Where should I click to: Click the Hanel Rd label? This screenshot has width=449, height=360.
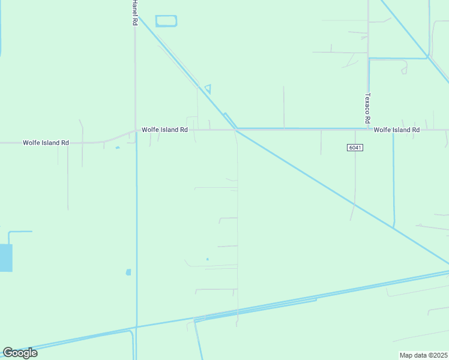pos(135,12)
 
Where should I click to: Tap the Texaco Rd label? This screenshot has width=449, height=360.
pos(367,108)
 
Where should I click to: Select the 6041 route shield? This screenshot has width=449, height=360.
pos(355,148)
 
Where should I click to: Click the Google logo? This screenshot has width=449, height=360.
pos(20,353)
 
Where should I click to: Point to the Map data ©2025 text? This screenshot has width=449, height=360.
pos(424,355)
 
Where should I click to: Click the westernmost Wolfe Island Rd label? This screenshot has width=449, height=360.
pos(46,143)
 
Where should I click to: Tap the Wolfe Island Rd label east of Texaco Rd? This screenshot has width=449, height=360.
pos(396,130)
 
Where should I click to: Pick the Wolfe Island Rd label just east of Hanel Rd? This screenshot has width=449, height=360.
pos(165,130)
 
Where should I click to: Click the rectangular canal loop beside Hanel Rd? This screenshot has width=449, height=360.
pos(166,21)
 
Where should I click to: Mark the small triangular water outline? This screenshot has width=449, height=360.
pos(208,88)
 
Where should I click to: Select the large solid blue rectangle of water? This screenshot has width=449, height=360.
pos(6,258)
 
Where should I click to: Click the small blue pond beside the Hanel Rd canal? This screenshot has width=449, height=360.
pos(128,272)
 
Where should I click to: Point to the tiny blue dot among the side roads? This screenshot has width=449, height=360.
pos(207,259)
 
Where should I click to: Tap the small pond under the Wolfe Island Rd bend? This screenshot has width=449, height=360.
pos(117,148)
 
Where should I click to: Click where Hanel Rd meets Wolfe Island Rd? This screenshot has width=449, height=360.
pos(136,131)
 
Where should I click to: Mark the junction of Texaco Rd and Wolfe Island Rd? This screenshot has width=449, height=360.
pos(368,129)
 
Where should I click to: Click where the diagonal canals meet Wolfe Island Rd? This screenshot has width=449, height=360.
pos(237,129)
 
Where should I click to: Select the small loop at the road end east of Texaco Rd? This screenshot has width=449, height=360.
pos(404,71)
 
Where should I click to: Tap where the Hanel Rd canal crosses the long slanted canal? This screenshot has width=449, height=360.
pos(136,327)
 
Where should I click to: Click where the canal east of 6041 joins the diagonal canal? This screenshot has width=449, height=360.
pos(394,227)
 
